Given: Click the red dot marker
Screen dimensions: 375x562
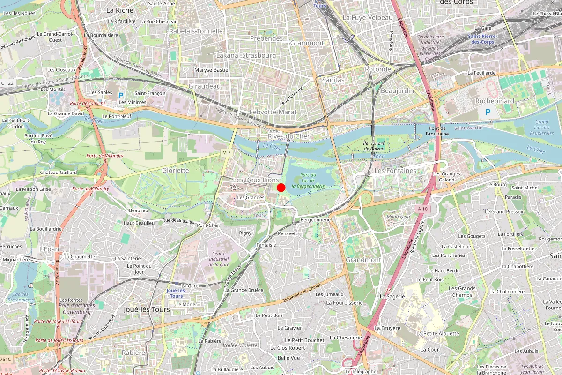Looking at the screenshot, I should click(281, 187).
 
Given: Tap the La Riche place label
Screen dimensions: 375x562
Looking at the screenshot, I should click(119, 10).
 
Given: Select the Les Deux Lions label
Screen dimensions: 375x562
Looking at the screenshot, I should click(256, 180).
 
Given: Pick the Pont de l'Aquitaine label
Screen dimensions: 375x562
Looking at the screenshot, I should click(436, 131).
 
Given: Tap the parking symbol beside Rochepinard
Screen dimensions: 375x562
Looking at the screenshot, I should click(488, 112).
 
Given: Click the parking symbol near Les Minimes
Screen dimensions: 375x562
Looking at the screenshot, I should click(120, 95).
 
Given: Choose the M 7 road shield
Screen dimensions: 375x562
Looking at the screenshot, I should click(227, 153).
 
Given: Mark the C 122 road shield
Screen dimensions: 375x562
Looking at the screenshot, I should click(7, 83).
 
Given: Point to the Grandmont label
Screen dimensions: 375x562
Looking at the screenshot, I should click(363, 260).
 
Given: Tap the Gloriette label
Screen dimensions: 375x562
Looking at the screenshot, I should click(176, 170).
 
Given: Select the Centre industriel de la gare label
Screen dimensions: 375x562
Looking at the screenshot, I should click(216, 258).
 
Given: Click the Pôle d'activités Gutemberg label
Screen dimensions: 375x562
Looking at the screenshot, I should click(77, 308).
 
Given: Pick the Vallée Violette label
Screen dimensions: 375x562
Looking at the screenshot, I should click(241, 345).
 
